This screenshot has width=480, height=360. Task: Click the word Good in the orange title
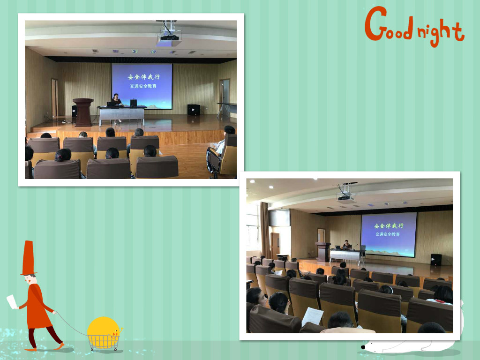(x=390, y=24)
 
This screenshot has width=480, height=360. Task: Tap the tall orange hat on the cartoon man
(x=28, y=258)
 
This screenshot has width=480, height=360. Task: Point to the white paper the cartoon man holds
(x=12, y=301)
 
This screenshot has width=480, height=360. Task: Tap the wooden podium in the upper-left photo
(x=83, y=112)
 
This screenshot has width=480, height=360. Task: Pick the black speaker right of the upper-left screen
(x=194, y=110)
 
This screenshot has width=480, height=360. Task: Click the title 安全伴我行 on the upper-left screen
(x=143, y=77)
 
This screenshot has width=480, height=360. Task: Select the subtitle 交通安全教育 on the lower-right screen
(x=388, y=234)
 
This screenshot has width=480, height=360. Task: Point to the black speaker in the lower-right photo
(x=436, y=260)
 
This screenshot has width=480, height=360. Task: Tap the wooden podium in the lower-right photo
(x=323, y=252)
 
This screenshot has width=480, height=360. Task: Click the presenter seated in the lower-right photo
(x=347, y=245)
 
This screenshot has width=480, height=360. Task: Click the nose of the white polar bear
(x=363, y=347)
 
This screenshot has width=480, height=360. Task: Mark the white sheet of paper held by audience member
(x=312, y=316)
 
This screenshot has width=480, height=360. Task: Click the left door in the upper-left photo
(x=54, y=98)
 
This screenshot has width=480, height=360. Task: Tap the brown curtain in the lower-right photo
(x=265, y=230)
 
